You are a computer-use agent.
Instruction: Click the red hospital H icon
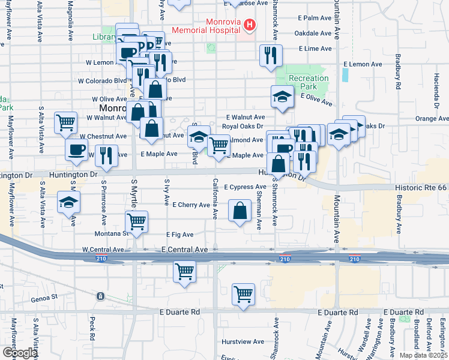[249, 25]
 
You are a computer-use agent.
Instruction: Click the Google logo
[20, 353]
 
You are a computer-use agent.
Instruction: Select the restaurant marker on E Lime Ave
[270, 55]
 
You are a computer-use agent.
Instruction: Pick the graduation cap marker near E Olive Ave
[281, 97]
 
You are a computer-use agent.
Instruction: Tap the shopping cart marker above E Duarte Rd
[243, 294]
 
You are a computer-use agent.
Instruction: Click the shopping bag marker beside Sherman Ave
[239, 211]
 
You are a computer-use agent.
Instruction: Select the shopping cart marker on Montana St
[137, 221]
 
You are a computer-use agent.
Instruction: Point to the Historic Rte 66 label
[421, 188]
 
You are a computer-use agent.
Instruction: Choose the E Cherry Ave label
[191, 205]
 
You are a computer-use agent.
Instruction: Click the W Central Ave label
[103, 249]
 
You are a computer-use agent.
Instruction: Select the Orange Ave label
[432, 119]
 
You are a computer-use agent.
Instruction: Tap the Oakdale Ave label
[314, 33]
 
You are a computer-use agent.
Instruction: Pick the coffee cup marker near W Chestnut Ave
[76, 151]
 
